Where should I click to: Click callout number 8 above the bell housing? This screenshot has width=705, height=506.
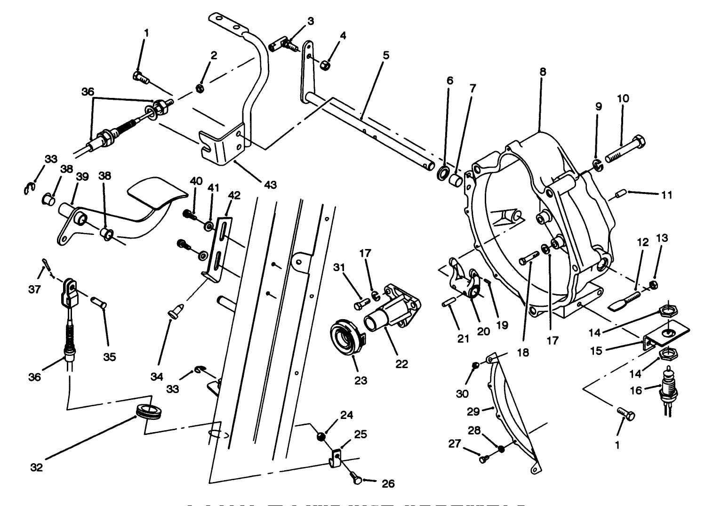coord(543,72)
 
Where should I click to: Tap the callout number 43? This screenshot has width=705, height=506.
coord(270,185)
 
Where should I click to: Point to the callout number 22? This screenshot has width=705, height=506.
coord(401,364)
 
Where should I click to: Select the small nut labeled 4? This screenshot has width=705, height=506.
coord(323,63)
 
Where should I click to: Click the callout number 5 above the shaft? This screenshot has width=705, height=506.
coord(386,55)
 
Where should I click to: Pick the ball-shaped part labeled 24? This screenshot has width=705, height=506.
coord(320,436)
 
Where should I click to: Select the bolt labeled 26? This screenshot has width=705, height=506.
coord(357,479)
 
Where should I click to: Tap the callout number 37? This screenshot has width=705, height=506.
coord(34,289)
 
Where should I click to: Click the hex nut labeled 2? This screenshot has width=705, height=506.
coord(199,88)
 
